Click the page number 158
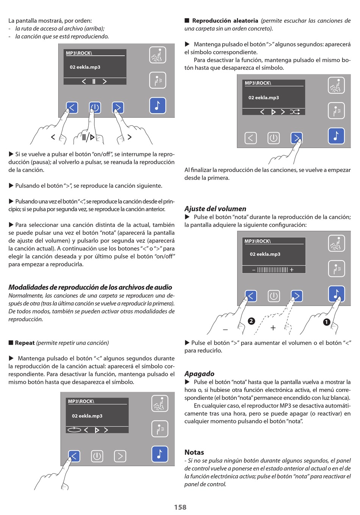click(180, 507)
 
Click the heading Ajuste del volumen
click(215, 209)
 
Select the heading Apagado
click(199, 374)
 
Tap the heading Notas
click(194, 452)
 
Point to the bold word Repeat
click(25, 343)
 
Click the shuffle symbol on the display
click(295, 112)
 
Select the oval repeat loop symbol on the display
click(74, 430)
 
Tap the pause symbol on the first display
click(94, 81)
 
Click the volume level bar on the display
click(272, 270)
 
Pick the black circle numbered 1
click(327, 322)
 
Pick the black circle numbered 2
click(251, 321)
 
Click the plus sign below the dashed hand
click(273, 328)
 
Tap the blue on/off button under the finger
click(95, 108)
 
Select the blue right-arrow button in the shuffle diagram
click(296, 138)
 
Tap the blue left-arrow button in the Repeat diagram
click(74, 456)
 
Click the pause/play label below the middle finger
click(88, 137)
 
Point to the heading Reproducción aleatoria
click(225, 21)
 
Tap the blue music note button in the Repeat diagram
click(160, 454)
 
